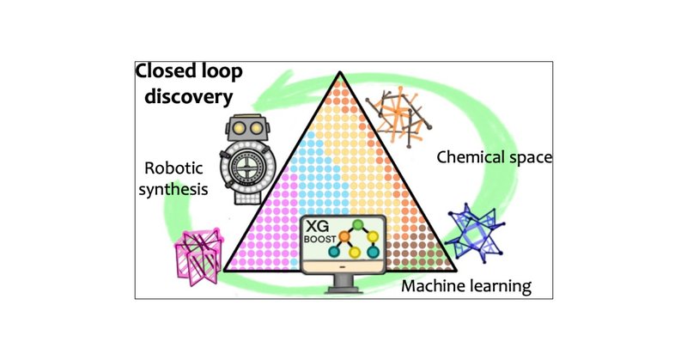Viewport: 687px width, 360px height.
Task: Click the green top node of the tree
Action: click(359, 226)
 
